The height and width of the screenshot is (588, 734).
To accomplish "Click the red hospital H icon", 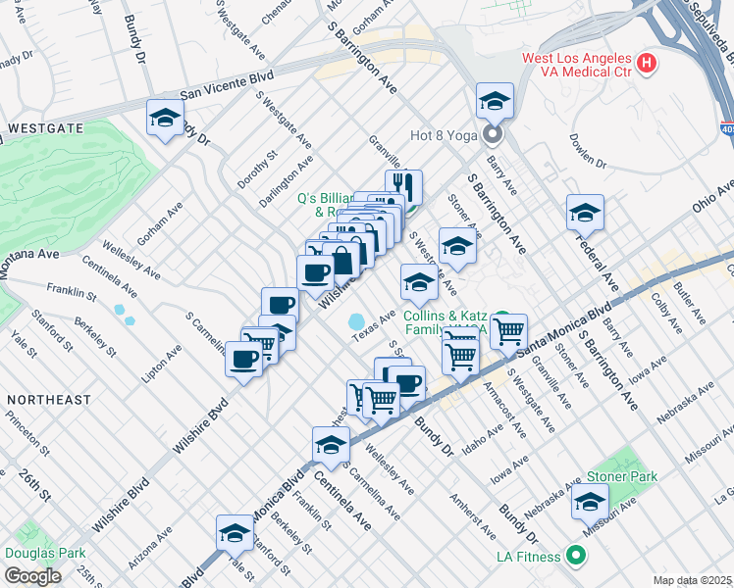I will tap(646, 65).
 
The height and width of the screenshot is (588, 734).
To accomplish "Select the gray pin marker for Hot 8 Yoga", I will tap(493, 134).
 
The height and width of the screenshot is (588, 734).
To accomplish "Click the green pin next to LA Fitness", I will tap(576, 557).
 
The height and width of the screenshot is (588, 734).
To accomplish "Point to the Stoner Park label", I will tap(622, 476).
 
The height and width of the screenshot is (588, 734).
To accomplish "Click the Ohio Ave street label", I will tap(712, 201).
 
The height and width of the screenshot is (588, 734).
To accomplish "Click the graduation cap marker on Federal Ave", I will tap(585, 213).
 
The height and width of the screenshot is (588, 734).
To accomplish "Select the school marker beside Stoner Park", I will tap(590, 502).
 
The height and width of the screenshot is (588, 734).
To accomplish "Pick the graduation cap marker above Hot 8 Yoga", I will tap(496, 101).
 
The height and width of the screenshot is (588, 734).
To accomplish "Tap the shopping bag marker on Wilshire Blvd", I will tap(343, 260).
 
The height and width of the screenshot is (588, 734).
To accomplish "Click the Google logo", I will tap(32, 576).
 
